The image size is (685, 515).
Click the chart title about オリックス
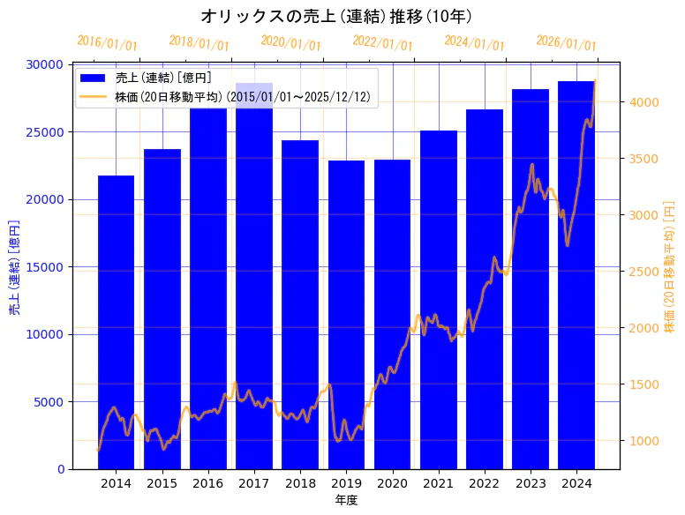335,16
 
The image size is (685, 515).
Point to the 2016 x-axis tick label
208,483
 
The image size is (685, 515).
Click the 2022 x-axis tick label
485,483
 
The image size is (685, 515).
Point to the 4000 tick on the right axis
642,102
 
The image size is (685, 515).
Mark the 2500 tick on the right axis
642,272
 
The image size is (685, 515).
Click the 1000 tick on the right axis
642,441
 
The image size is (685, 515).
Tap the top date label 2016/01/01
107,43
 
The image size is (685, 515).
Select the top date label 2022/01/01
382,43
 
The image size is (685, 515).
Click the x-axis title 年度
346,500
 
